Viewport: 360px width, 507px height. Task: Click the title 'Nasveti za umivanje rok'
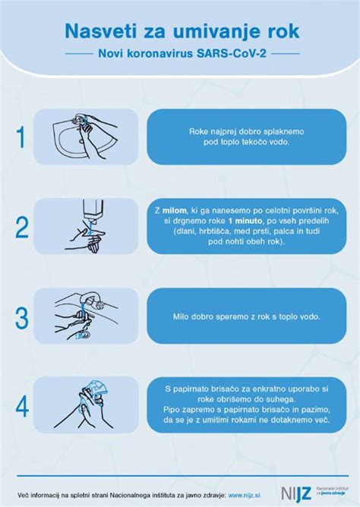[x=181, y=30]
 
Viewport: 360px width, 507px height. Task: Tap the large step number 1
[x=21, y=137]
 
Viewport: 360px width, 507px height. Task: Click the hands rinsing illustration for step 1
[x=86, y=137]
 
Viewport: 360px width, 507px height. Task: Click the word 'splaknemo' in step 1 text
[x=251, y=131]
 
